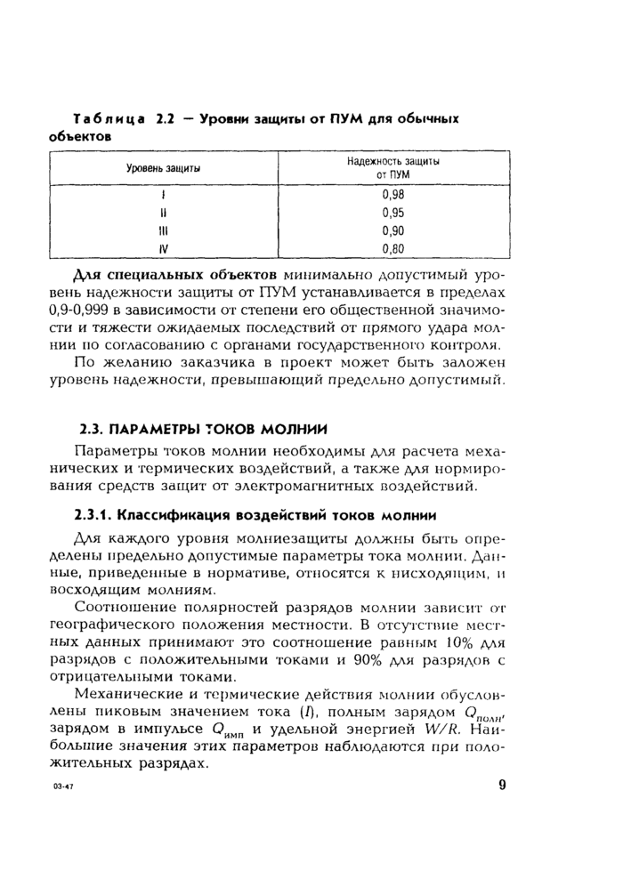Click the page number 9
(x=502, y=784)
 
